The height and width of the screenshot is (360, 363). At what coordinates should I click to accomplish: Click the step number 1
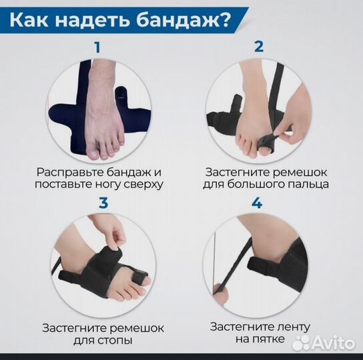99,47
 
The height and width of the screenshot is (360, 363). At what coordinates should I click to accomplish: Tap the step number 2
259,47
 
